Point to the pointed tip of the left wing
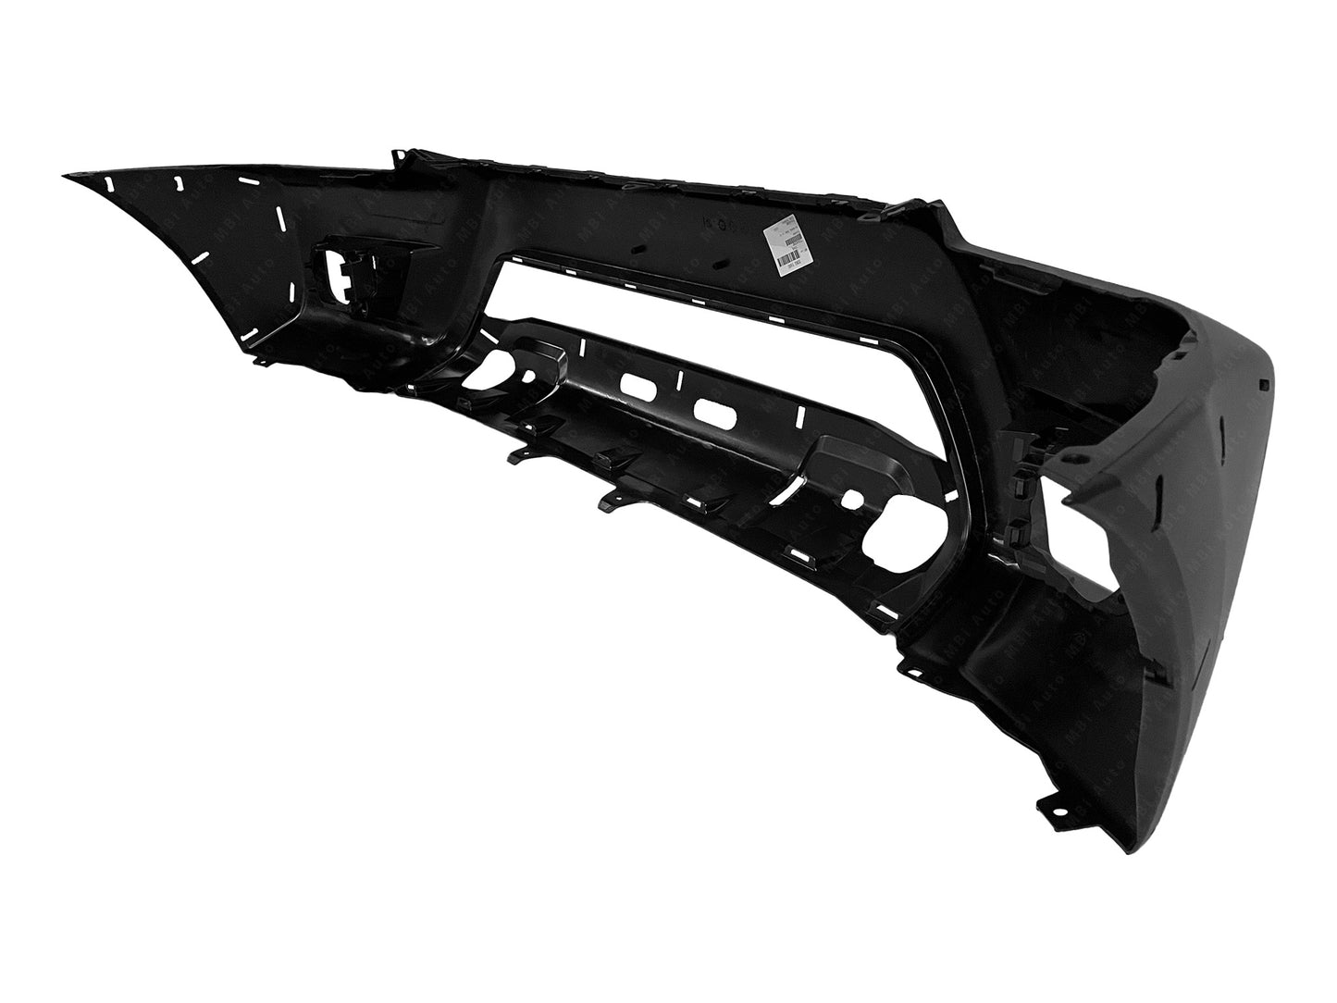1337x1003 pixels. (x=65, y=174)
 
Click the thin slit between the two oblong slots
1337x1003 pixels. (x=679, y=379)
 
